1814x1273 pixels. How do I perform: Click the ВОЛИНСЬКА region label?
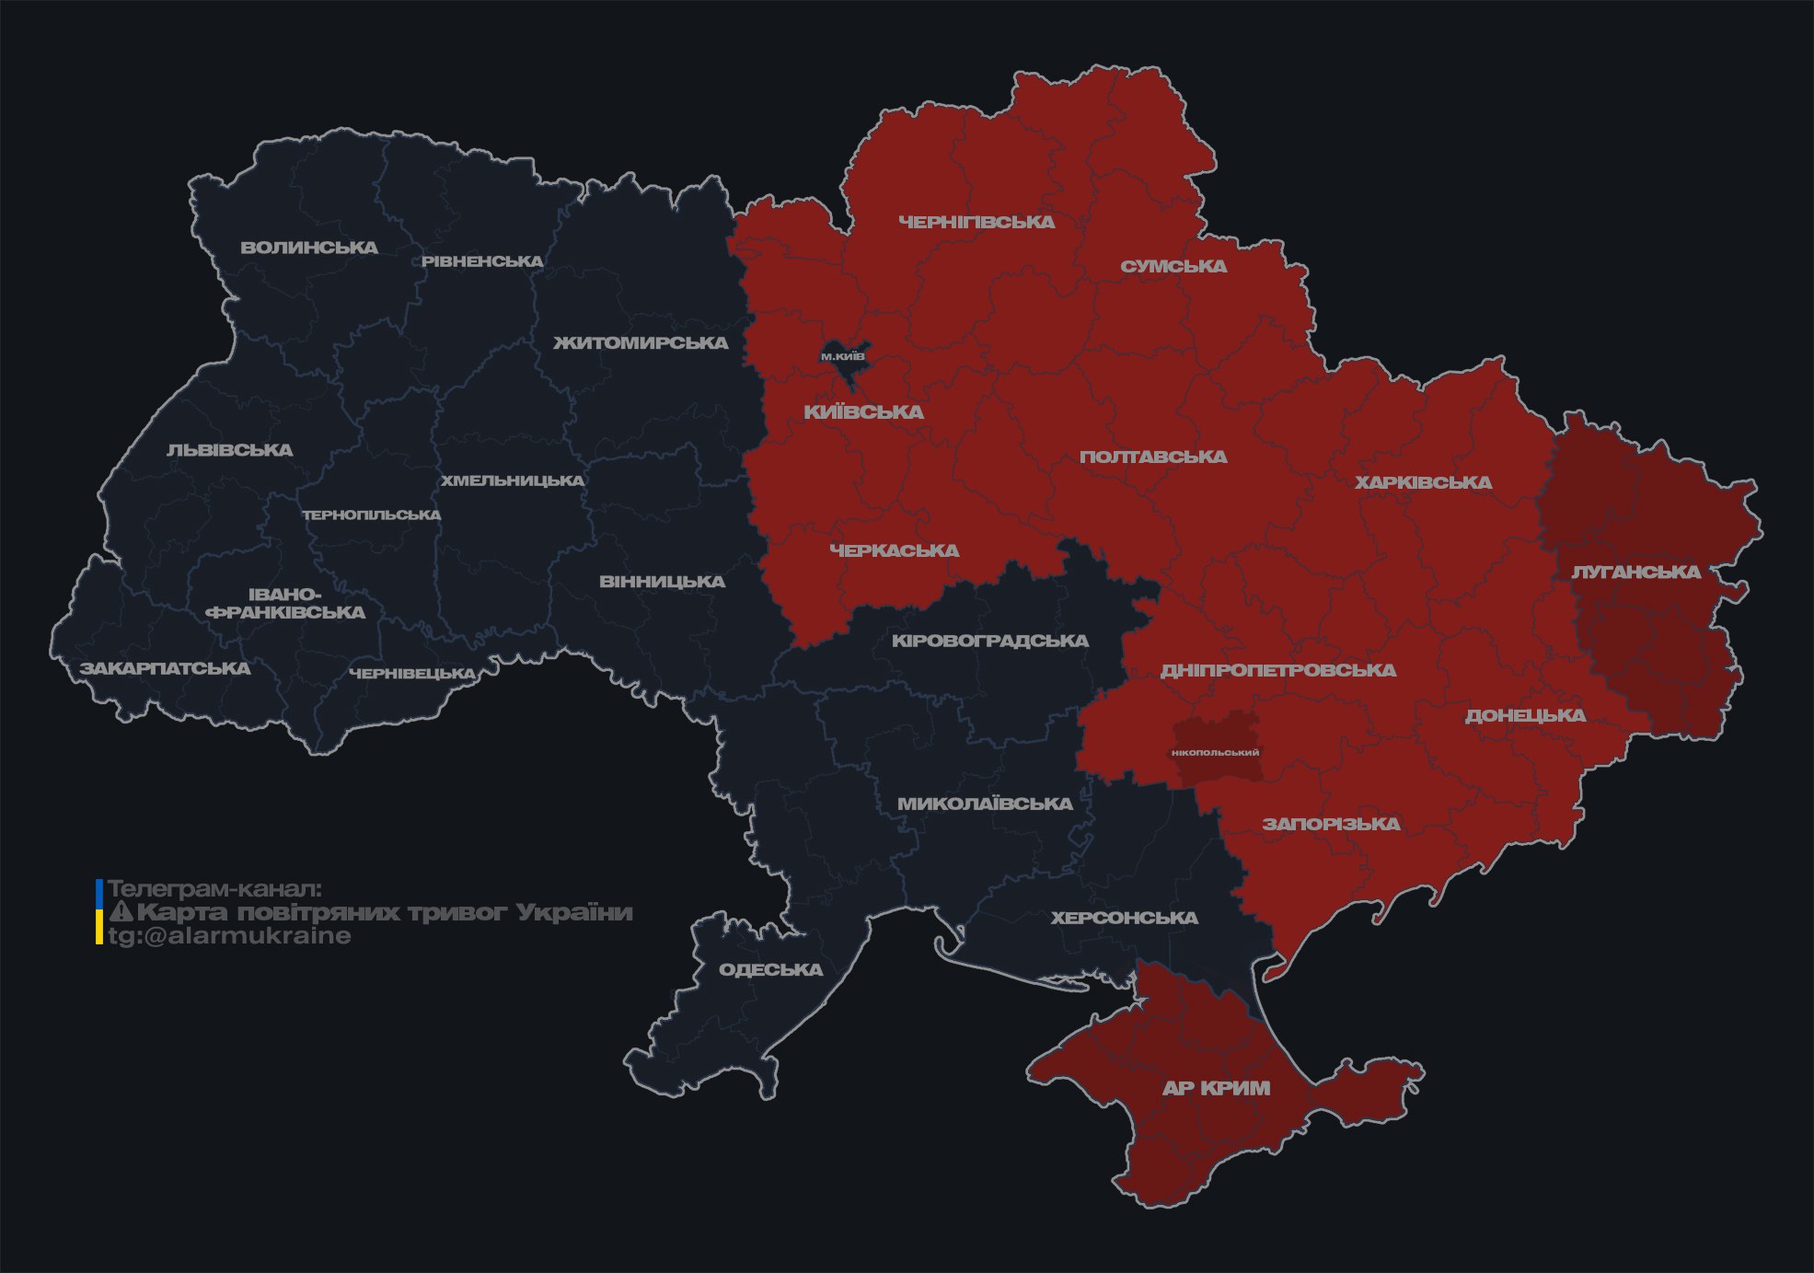[309, 248]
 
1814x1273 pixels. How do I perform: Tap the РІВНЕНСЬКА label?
[482, 261]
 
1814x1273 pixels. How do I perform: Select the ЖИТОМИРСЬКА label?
[641, 343]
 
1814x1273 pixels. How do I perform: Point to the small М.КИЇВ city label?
[843, 356]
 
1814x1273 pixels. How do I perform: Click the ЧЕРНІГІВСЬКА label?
[976, 222]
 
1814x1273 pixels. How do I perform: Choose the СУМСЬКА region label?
[1173, 267]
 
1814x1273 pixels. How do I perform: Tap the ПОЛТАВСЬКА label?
[1153, 457]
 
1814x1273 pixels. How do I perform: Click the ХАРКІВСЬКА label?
[1423, 482]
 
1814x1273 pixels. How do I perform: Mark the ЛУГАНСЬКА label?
[1635, 573]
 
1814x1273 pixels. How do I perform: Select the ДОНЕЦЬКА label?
[1525, 715]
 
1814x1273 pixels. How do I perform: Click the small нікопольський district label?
[1215, 753]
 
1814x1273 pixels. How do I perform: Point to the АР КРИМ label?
[1216, 1088]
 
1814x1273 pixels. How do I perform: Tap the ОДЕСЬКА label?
[770, 970]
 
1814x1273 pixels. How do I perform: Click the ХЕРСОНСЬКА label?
[1124, 919]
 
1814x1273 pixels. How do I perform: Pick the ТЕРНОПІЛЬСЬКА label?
[372, 515]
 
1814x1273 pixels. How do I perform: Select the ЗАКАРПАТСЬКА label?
[165, 668]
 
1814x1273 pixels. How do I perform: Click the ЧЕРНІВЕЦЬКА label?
[412, 674]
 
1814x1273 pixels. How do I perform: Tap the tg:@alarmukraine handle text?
[229, 936]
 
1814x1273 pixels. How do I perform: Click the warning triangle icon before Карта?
[121, 912]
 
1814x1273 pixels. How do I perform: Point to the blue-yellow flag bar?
[99, 912]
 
